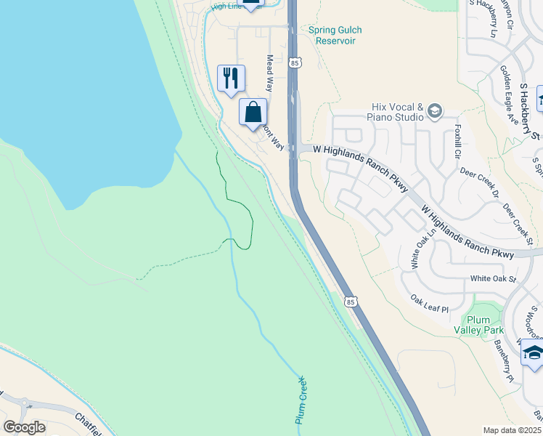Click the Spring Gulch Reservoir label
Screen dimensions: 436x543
[335, 36]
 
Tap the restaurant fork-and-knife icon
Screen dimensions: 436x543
[231, 78]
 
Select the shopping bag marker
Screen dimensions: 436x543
[253, 113]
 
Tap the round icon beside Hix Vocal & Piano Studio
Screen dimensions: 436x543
[435, 110]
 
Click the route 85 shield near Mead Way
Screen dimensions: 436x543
[293, 63]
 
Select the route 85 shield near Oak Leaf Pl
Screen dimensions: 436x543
[351, 301]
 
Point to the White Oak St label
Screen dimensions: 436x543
[492, 278]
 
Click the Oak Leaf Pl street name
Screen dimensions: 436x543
[430, 304]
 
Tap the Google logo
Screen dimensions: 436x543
[25, 427]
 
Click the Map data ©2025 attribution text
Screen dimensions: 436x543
[513, 430]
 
